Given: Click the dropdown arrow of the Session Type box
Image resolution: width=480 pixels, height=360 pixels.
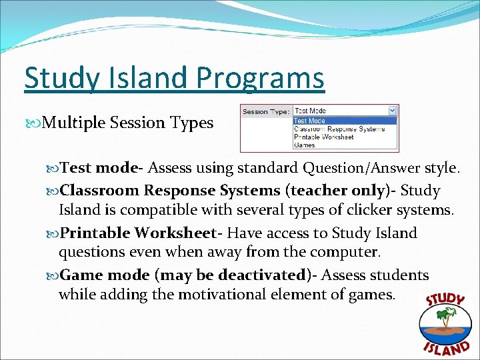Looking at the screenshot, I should pos(392,111).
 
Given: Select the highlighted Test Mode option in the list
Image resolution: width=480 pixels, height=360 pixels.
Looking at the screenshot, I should pos(310,121).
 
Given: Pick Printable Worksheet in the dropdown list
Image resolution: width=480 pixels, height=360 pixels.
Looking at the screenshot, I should pos(324,137).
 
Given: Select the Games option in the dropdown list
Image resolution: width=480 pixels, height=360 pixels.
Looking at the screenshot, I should pos(305,145).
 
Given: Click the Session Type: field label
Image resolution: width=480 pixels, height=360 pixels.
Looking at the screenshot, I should pos(265,111).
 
